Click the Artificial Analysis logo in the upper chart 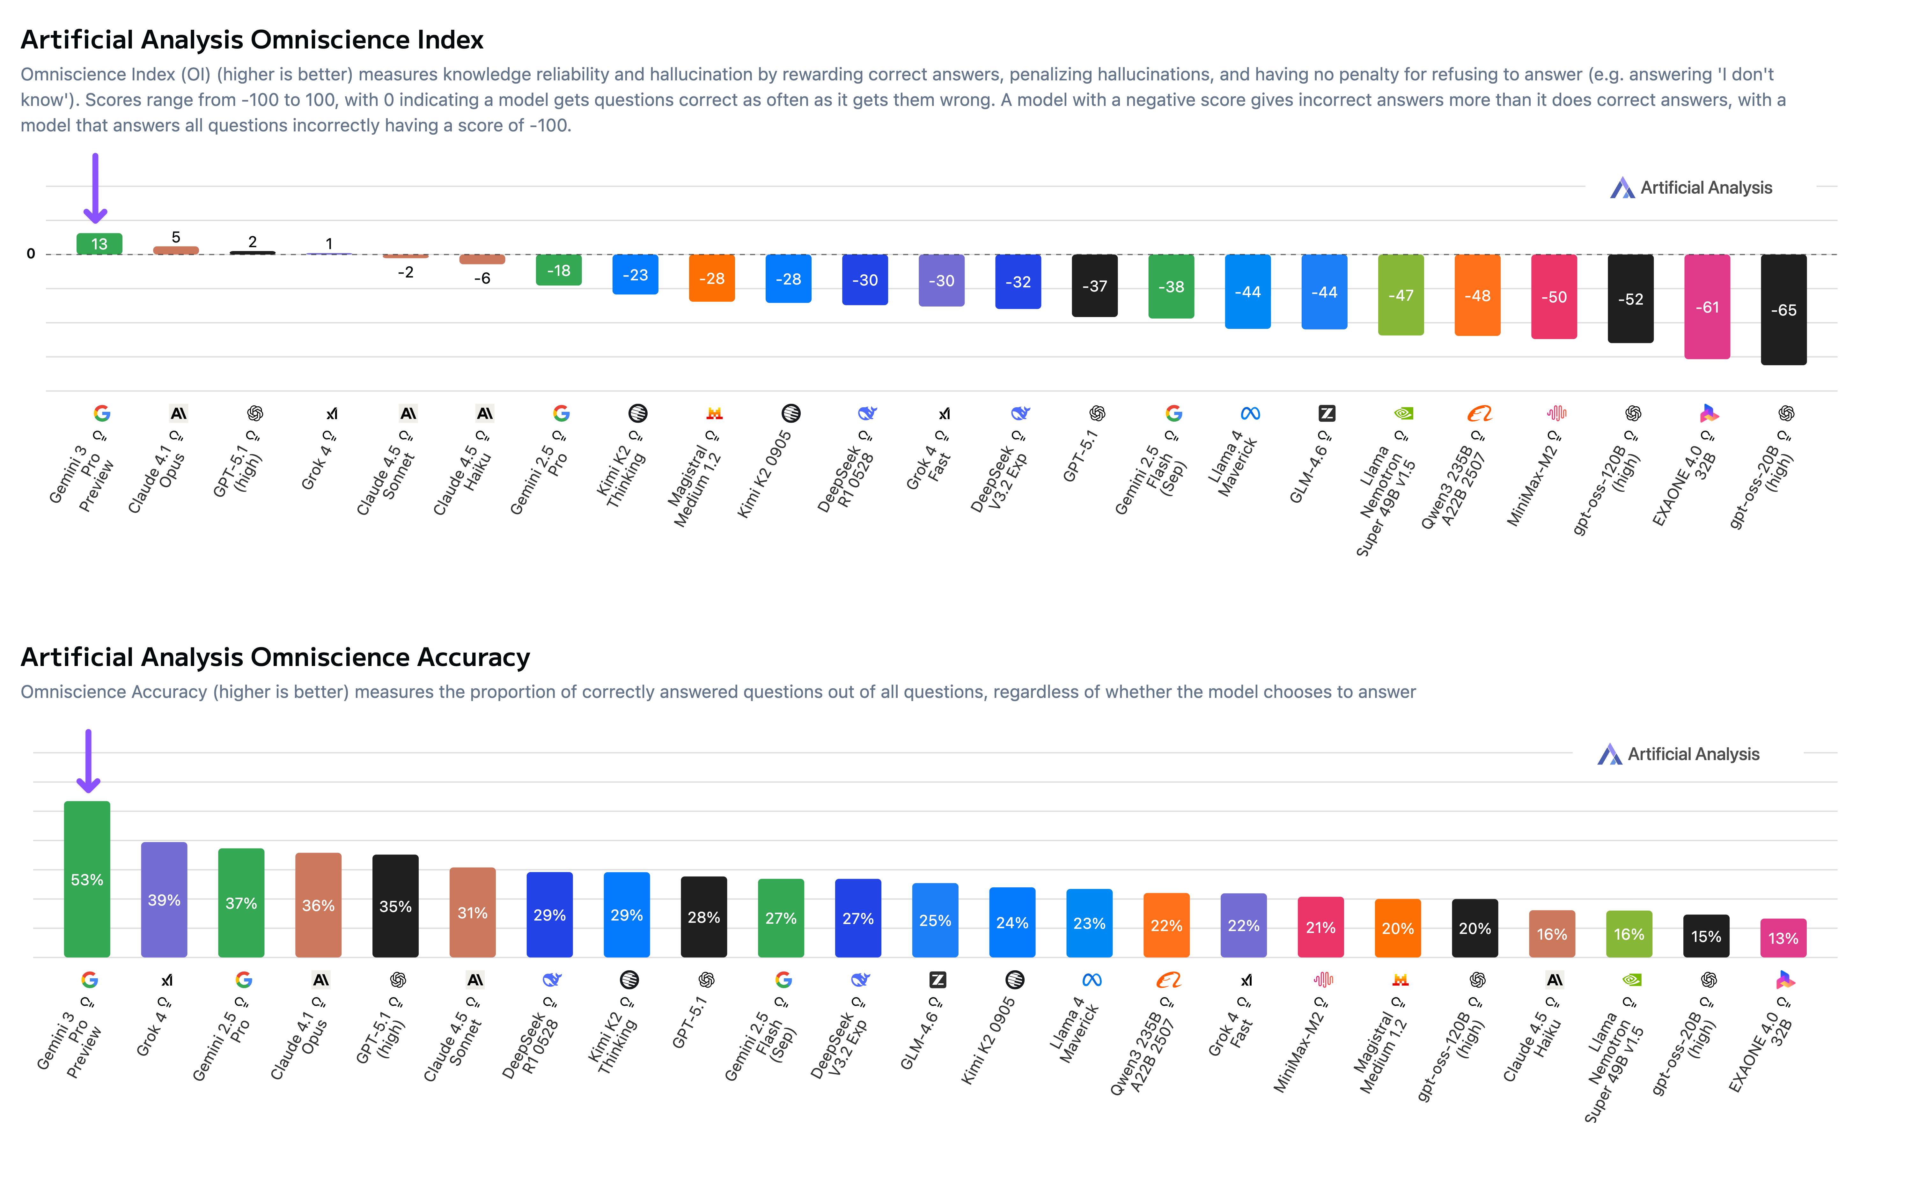pos(1690,188)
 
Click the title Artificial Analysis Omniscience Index pos(252,39)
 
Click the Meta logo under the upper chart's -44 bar pos(1250,413)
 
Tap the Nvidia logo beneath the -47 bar pos(1403,413)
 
